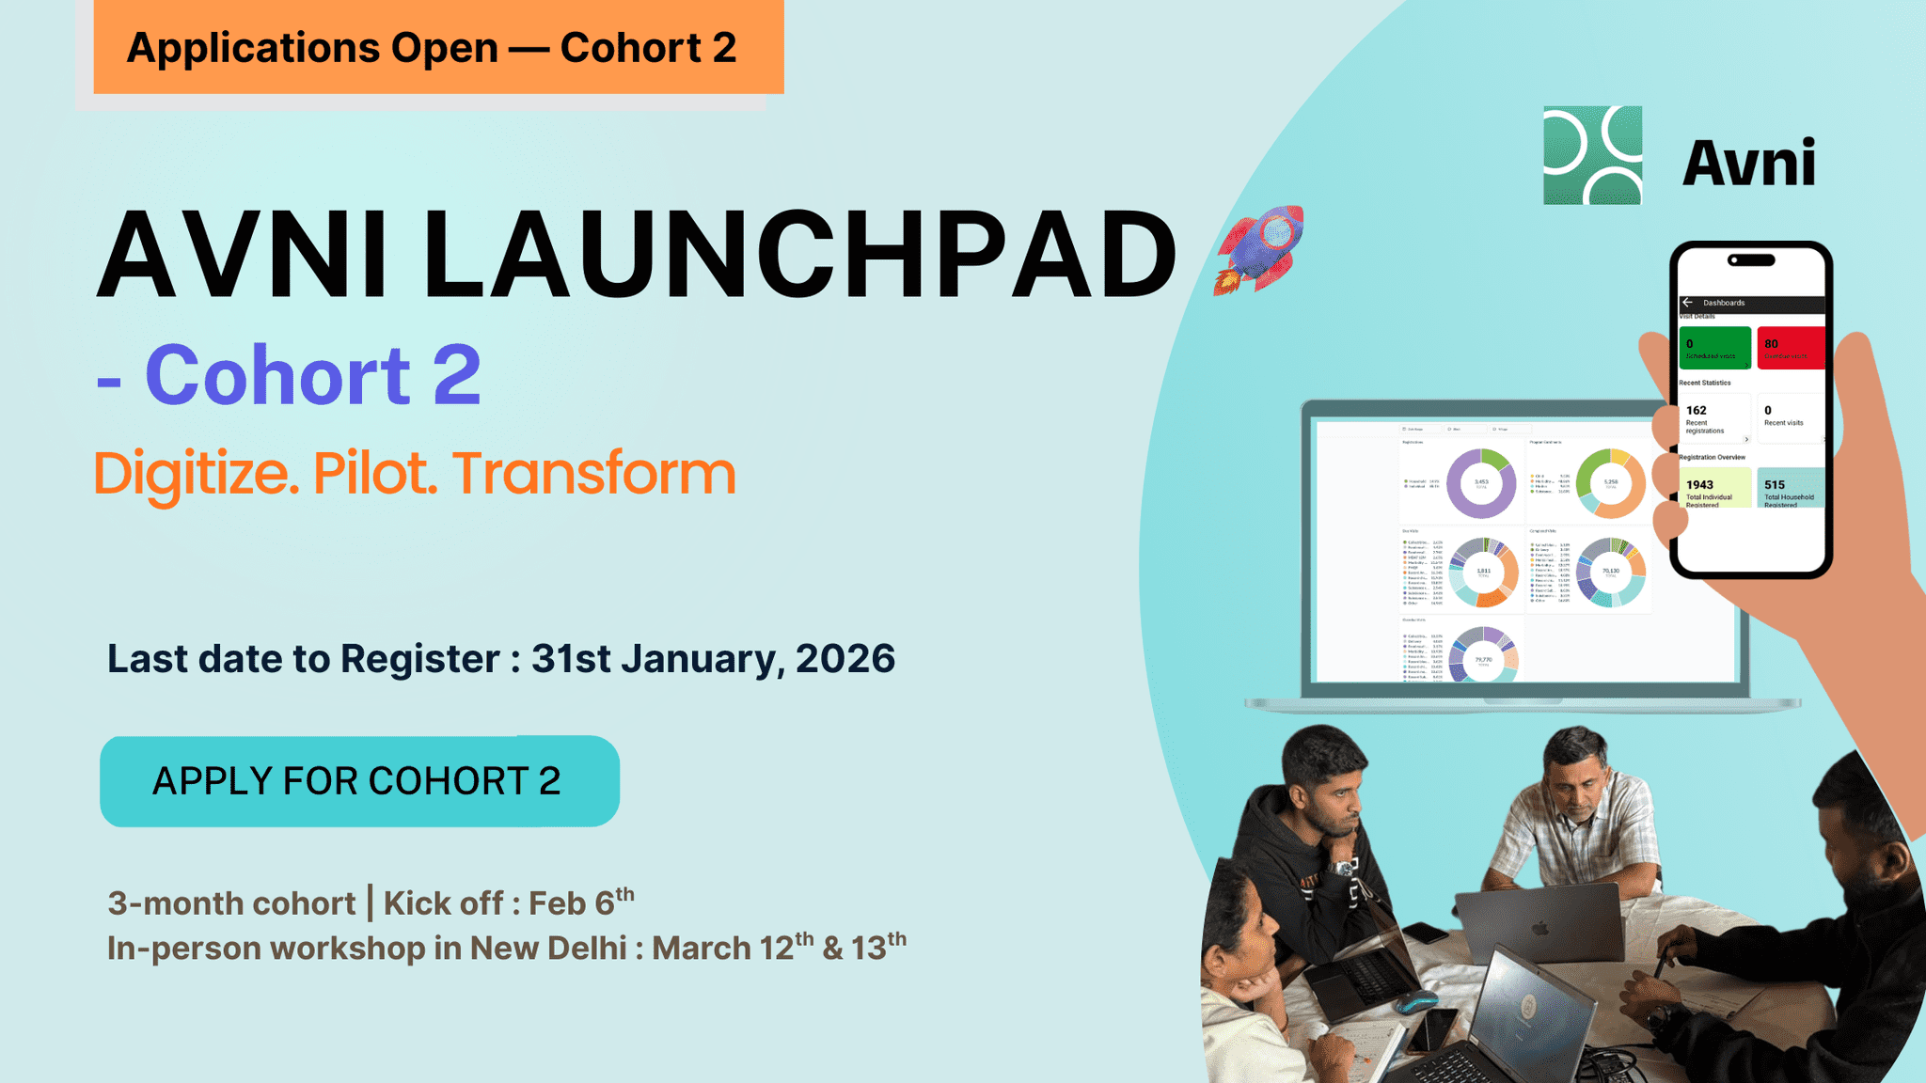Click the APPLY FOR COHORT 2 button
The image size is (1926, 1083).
coord(358,781)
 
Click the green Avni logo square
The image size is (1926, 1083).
coord(1592,155)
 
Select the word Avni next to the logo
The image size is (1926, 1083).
coord(1748,164)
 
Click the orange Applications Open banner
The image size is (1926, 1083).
coord(437,47)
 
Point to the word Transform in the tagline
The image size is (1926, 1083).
coord(594,473)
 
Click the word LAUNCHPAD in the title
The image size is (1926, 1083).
coord(799,256)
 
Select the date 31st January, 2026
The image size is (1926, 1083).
coord(713,659)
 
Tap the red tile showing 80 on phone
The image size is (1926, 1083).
coord(1790,349)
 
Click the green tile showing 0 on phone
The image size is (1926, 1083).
coord(1714,349)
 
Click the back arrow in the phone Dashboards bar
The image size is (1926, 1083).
coord(1687,303)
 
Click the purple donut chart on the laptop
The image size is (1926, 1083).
coord(1481,484)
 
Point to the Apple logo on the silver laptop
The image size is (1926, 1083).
coord(1539,929)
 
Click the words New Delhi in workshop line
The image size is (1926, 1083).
coord(548,948)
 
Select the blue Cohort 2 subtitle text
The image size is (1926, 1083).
coord(312,376)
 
